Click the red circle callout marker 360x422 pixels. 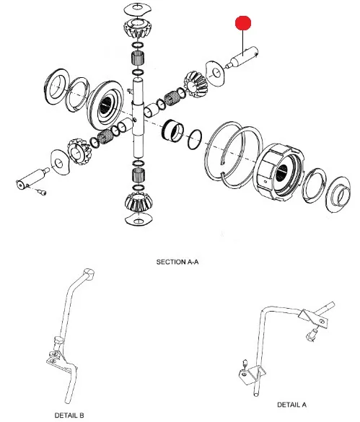click(243, 23)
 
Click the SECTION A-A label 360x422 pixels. click(177, 262)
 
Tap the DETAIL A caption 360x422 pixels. click(291, 405)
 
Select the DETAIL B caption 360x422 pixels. click(69, 416)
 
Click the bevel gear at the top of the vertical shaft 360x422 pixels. click(138, 28)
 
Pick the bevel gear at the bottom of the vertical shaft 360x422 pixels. click(139, 202)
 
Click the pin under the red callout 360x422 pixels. click(242, 58)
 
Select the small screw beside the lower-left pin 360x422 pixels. click(43, 192)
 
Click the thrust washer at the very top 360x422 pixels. click(137, 9)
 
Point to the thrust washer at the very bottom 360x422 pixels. click(139, 219)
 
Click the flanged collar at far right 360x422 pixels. click(338, 192)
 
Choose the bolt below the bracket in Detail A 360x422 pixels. click(311, 335)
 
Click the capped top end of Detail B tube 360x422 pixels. click(89, 273)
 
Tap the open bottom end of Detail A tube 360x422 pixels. click(255, 395)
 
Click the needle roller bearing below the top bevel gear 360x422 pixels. click(138, 58)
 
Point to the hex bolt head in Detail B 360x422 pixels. click(57, 341)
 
